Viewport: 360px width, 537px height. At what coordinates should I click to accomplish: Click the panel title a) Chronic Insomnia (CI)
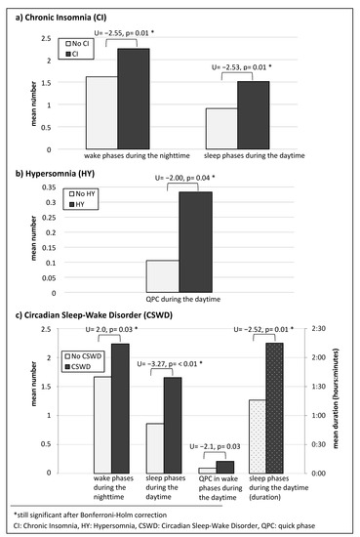(x=59, y=10)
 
